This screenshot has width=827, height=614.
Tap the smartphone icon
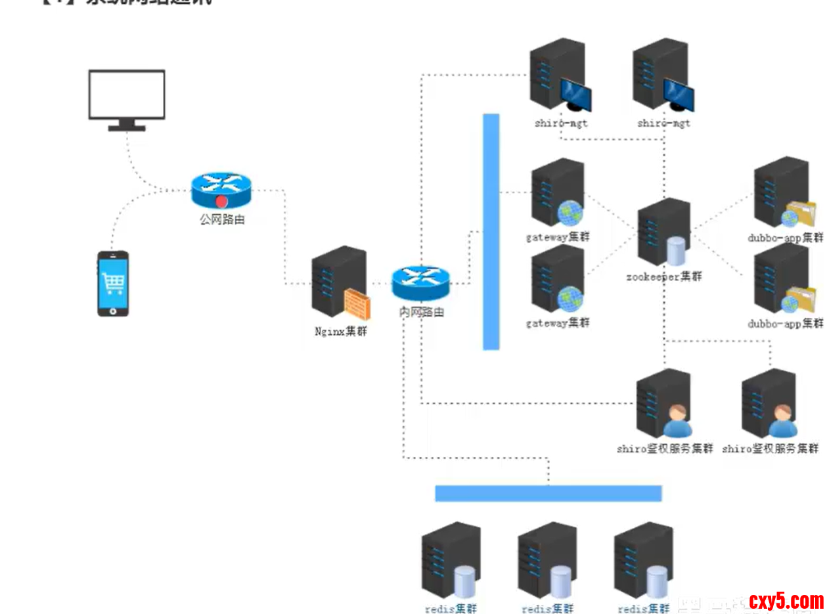tap(113, 284)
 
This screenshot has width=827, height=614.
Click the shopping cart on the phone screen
tap(113, 282)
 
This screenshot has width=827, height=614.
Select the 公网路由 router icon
tap(221, 190)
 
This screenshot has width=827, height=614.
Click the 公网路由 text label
tap(222, 220)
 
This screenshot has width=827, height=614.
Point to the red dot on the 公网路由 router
tap(222, 201)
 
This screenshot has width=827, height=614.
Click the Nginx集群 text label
tap(340, 332)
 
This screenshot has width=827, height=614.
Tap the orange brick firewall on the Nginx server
tap(357, 305)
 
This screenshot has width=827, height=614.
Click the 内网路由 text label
tap(421, 313)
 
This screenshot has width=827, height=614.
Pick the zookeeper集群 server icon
tap(663, 231)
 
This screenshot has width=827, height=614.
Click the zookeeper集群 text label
tap(663, 276)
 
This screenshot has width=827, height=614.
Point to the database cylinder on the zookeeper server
tap(676, 252)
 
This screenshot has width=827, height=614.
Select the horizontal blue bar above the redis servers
tap(548, 493)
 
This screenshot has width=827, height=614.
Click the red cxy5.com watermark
tap(786, 600)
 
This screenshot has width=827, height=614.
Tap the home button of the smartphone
tap(113, 311)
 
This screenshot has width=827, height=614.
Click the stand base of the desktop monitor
tap(127, 128)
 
